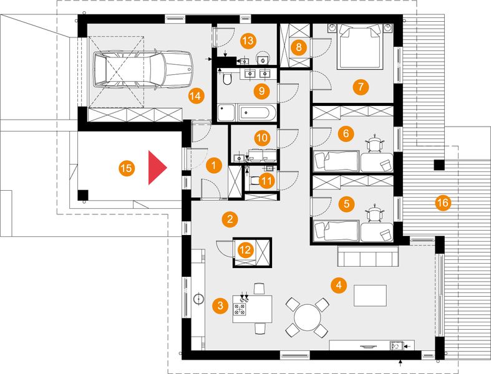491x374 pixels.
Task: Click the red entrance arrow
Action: [157, 168]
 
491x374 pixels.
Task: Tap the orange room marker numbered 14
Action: [196, 96]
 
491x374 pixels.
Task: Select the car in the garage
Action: [142, 69]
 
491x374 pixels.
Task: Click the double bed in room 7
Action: [360, 46]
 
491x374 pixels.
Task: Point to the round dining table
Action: [308, 317]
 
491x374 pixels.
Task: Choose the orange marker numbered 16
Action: [443, 203]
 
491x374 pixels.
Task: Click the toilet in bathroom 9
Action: [227, 79]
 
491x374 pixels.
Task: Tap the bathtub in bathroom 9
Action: [258, 113]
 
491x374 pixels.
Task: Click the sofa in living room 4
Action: [368, 256]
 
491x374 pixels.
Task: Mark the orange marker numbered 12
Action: [245, 250]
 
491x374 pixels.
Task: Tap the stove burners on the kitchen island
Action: [240, 310]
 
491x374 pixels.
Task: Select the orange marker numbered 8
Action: [298, 47]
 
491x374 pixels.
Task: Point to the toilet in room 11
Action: [255, 181]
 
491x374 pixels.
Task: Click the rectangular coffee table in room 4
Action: [370, 295]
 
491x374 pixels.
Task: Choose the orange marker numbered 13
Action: [248, 41]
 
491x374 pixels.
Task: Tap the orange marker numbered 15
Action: [127, 168]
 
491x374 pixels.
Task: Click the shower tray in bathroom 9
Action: [226, 113]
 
